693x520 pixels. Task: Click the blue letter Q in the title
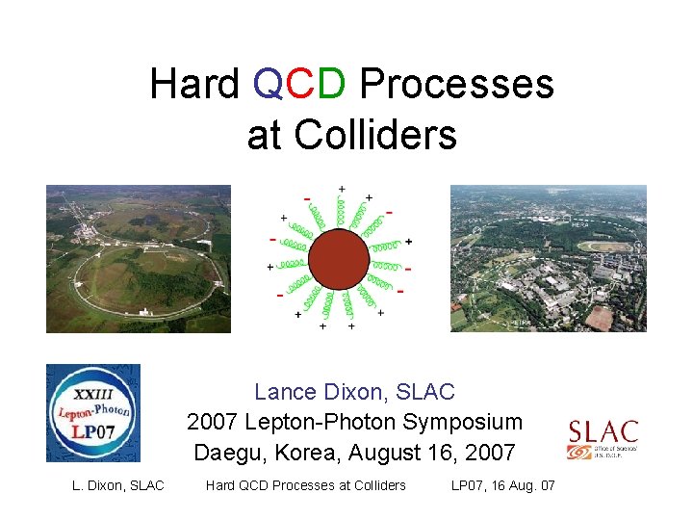click(x=267, y=85)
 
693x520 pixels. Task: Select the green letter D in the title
click(x=330, y=85)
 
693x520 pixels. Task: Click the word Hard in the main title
click(x=194, y=85)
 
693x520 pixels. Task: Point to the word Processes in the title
click(x=456, y=85)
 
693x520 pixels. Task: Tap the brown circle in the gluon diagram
click(x=341, y=258)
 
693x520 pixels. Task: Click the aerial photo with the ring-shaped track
click(x=139, y=258)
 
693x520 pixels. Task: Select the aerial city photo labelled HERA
click(x=548, y=258)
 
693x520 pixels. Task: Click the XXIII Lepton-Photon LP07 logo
click(x=93, y=412)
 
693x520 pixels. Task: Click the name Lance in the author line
click(x=284, y=393)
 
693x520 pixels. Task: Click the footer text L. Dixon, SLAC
click(x=118, y=485)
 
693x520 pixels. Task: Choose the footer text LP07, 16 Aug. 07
click(x=502, y=485)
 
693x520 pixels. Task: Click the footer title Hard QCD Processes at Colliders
click(x=306, y=485)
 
